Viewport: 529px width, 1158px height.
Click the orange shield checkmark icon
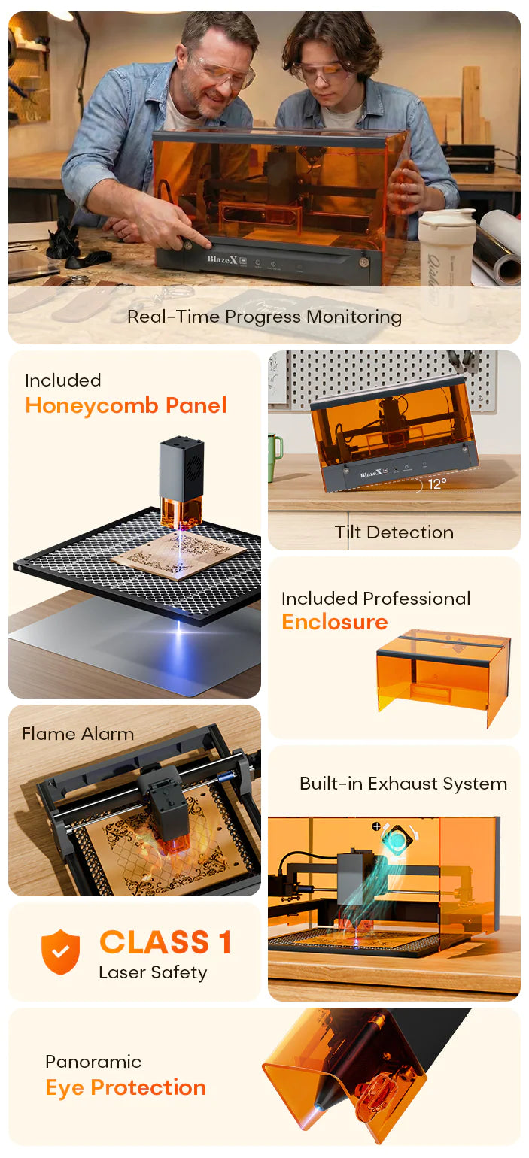coord(60,951)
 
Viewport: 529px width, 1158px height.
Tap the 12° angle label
coord(437,484)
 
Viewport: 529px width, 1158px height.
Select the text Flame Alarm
coord(78,734)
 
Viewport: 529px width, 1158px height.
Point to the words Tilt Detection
coord(394,532)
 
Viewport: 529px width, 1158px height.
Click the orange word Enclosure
coord(335,622)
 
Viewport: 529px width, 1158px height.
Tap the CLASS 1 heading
coord(165,941)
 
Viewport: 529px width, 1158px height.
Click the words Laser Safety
coord(153,972)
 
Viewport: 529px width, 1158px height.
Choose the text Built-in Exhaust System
coord(403,784)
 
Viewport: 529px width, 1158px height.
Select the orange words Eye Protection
coord(126,1087)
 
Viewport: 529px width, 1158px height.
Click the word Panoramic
coord(93,1061)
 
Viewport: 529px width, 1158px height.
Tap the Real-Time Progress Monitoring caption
coord(264,317)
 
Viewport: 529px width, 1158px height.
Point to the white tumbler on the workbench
coord(445,259)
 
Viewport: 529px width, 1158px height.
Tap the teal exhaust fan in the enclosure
coord(399,838)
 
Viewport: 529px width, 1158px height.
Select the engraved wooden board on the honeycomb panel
coord(178,555)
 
